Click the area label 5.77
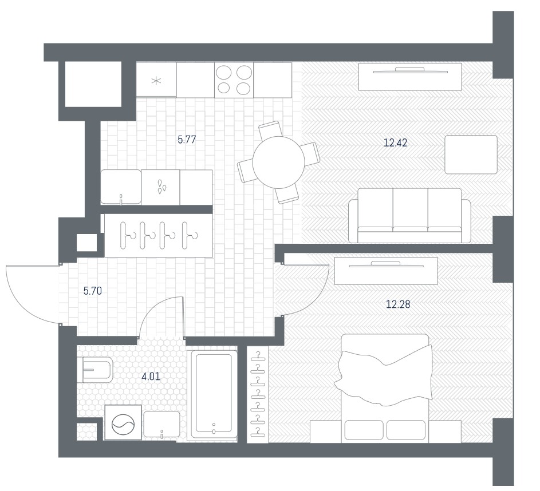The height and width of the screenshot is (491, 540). (187, 140)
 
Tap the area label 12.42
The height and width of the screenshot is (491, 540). (395, 142)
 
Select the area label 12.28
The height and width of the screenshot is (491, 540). (398, 304)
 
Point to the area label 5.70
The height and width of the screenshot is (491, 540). (93, 291)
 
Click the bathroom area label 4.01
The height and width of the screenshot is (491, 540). (151, 377)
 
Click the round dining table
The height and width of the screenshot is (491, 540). (279, 163)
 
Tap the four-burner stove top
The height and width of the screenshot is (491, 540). (234, 80)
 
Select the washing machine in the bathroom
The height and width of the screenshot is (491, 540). (123, 422)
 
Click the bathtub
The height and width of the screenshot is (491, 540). (212, 394)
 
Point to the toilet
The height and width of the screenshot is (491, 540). (94, 370)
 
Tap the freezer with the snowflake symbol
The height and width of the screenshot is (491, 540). (156, 80)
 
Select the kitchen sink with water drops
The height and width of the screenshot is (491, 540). (160, 187)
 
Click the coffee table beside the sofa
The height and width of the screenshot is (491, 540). (471, 155)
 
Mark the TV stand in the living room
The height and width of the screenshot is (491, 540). (410, 77)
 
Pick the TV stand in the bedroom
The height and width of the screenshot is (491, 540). (386, 271)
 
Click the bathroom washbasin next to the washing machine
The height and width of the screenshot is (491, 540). (161, 425)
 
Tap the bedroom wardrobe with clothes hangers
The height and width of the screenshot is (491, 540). (258, 394)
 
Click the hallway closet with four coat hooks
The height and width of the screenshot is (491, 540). (159, 235)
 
